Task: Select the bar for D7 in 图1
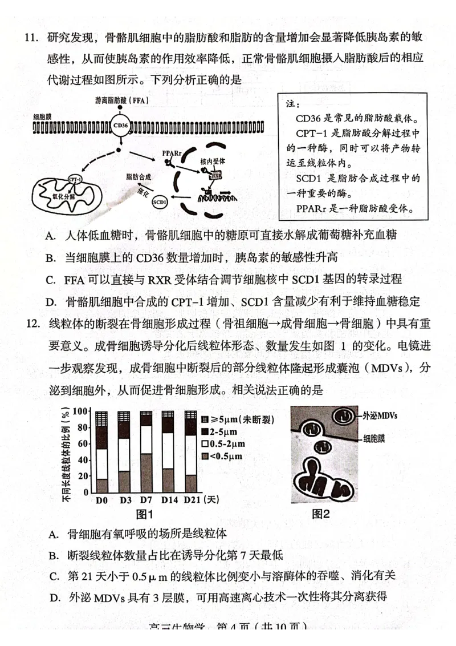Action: [x=146, y=451]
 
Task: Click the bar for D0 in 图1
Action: [x=102, y=451]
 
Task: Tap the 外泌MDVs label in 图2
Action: [x=380, y=415]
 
